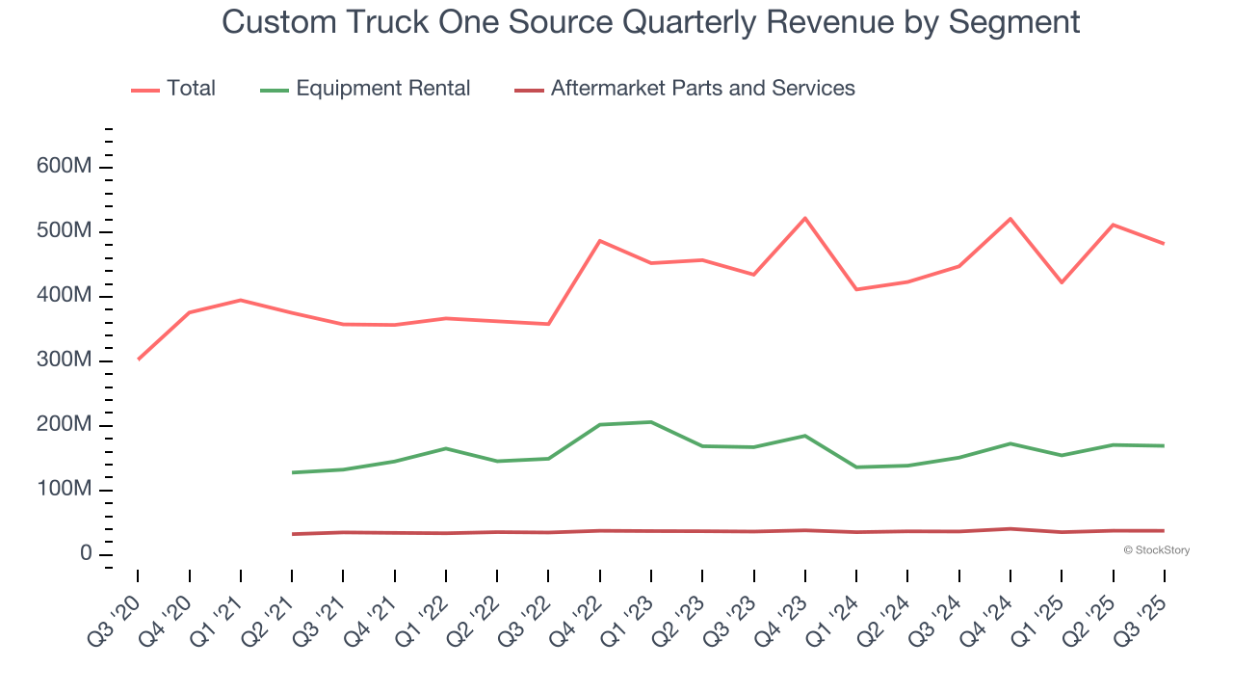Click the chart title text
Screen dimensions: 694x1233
[x=650, y=21]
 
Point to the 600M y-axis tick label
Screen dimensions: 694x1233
[x=66, y=167]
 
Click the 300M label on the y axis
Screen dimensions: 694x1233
[x=66, y=360]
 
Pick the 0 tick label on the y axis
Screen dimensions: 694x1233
[x=86, y=554]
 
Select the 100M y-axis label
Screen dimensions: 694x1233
[x=66, y=490]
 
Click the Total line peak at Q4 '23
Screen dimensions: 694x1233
[x=805, y=218]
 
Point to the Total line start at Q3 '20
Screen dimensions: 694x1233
[x=139, y=360]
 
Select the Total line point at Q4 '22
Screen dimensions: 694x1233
[x=600, y=241]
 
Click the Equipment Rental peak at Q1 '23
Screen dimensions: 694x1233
[x=651, y=422]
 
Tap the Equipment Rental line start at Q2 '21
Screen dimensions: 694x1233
[x=292, y=472]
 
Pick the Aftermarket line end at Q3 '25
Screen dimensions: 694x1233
[x=1164, y=531]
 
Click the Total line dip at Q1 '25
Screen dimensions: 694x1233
[x=1062, y=282]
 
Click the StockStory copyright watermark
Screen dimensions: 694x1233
[x=1156, y=550]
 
